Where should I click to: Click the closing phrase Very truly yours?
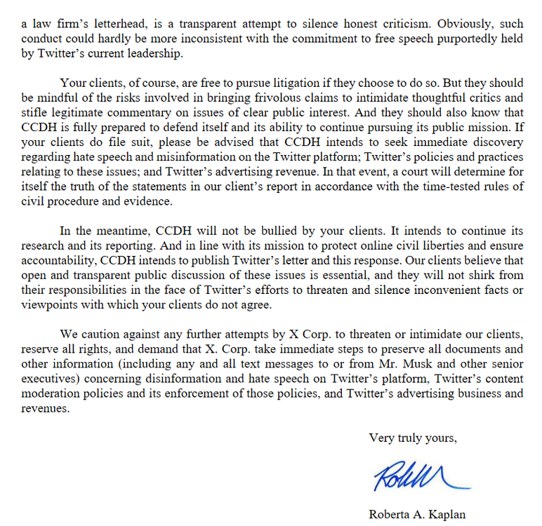click(x=412, y=439)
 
